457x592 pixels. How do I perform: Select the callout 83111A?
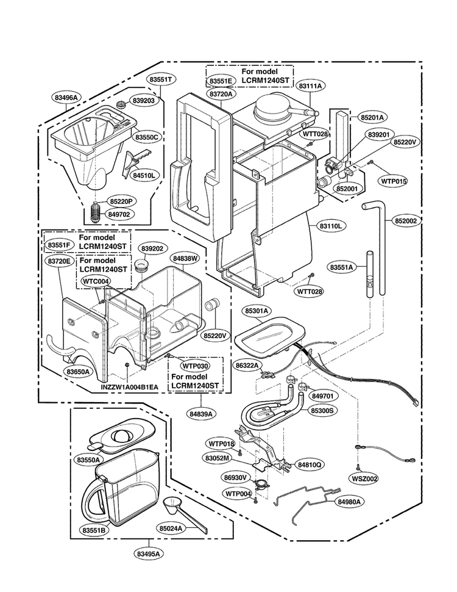310,85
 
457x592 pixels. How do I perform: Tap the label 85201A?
372,117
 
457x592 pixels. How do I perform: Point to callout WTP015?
394,181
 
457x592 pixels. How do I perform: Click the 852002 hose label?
406,221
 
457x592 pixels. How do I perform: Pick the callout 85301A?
257,311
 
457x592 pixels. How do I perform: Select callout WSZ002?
364,478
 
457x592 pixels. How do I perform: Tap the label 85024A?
171,528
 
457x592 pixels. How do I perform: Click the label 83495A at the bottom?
149,554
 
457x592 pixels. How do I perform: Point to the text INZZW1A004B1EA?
129,387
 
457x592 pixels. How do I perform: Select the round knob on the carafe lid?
122,436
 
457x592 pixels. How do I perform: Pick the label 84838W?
185,259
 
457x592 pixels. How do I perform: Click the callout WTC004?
96,281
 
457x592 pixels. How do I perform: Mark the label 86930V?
235,478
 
